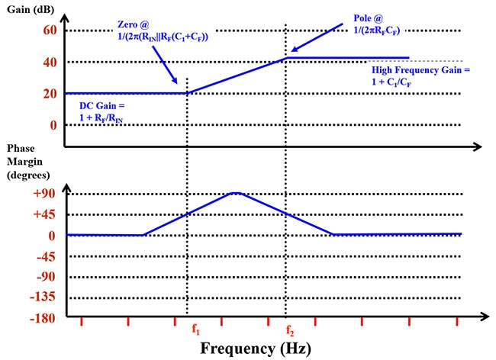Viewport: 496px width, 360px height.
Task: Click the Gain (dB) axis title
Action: pyautogui.click(x=33, y=9)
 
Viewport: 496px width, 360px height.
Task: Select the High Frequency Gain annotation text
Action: pyautogui.click(x=420, y=70)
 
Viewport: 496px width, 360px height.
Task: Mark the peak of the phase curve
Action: pyautogui.click(x=237, y=193)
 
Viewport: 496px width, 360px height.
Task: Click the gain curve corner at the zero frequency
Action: pyautogui.click(x=187, y=93)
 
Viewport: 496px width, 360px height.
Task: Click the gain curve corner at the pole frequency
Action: pyautogui.click(x=286, y=57)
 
